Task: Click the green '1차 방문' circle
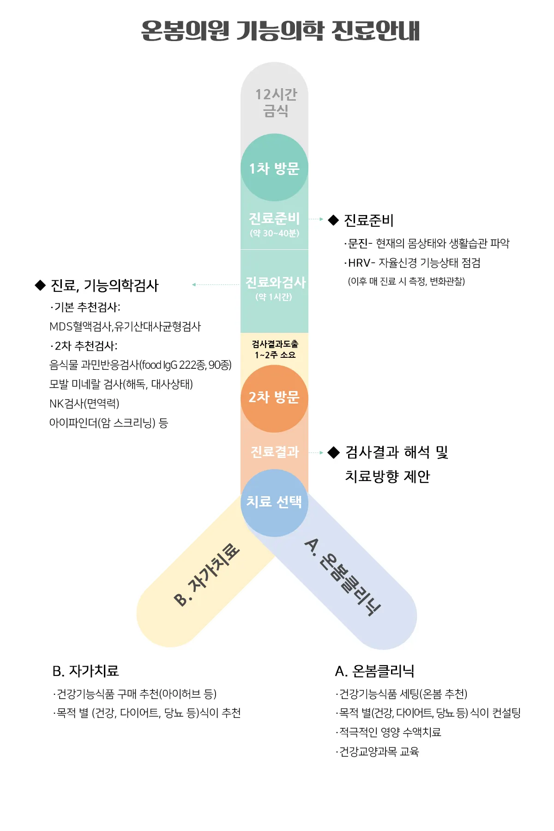[x=274, y=168]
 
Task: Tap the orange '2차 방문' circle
[x=274, y=398]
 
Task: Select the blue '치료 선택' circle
[x=274, y=502]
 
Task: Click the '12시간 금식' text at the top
[x=276, y=102]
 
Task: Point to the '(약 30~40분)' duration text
[x=275, y=233]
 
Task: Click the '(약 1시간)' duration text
[x=274, y=297]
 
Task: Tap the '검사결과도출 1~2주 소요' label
[x=275, y=349]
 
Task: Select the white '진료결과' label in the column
[x=275, y=452]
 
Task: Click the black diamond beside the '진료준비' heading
[x=333, y=220]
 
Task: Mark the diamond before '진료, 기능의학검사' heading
[x=40, y=285]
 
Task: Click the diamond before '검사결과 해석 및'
[x=333, y=452]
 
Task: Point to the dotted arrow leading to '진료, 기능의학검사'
[x=216, y=285]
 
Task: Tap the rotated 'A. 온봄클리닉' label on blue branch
[x=343, y=577]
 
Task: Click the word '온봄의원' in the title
[x=185, y=31]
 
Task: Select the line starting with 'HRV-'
[x=412, y=263]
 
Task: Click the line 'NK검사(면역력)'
[x=84, y=403]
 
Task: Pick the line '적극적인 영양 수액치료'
[x=389, y=732]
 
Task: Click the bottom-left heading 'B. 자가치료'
[x=85, y=671]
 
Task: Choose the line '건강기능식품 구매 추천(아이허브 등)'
[x=135, y=694]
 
